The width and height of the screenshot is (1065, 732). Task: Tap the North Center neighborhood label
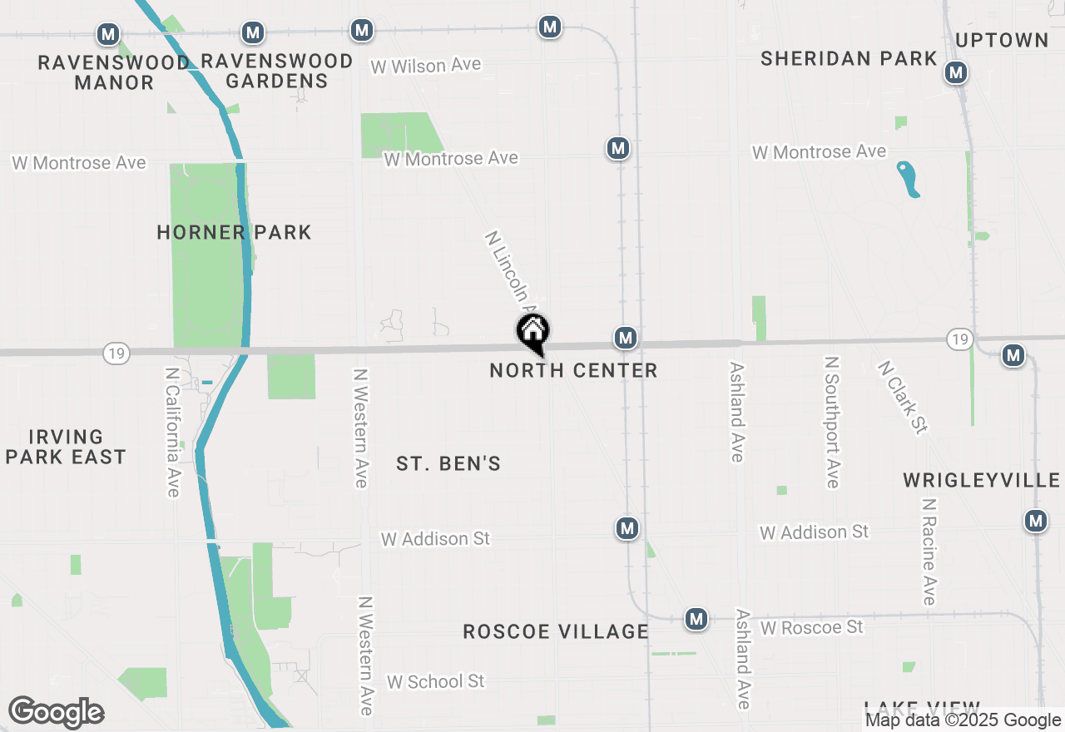(573, 370)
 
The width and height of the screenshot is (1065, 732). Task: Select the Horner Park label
(234, 232)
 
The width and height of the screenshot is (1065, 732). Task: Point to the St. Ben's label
(448, 463)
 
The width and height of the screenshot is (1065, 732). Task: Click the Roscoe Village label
(556, 631)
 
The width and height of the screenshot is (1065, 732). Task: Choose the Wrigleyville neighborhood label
(982, 480)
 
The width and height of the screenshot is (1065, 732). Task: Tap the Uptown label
(1002, 40)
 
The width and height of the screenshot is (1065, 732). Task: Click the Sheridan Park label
(849, 58)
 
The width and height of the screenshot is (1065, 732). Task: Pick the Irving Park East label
(66, 447)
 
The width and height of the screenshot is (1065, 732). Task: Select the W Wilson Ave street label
(426, 66)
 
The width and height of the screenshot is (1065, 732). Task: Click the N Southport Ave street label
(831, 422)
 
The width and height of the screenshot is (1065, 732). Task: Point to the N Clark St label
(903, 397)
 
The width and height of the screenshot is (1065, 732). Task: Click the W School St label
(435, 681)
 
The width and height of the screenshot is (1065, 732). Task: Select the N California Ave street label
(172, 433)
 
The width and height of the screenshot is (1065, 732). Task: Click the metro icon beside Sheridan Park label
(956, 73)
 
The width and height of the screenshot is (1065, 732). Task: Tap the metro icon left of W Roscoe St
(696, 619)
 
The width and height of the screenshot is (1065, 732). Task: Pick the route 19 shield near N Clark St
(959, 339)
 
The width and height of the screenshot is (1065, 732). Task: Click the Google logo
(56, 713)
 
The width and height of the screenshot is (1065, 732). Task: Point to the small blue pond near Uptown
(909, 179)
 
